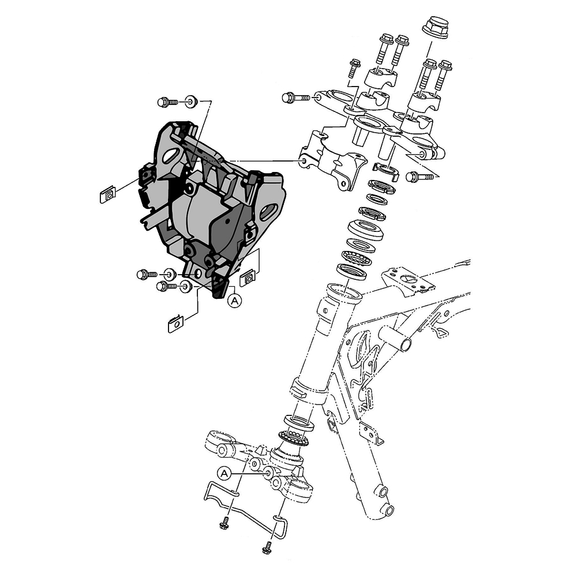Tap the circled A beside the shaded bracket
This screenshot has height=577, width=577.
[x=234, y=299]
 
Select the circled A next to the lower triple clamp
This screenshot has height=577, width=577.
[x=225, y=473]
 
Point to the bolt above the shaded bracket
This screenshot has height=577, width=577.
[x=167, y=103]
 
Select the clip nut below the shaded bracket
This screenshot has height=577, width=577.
[x=175, y=324]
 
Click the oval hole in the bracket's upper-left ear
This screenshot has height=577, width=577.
[x=172, y=155]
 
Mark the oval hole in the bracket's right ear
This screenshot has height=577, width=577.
[x=268, y=212]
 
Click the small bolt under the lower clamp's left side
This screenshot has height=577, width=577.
[x=222, y=524]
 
